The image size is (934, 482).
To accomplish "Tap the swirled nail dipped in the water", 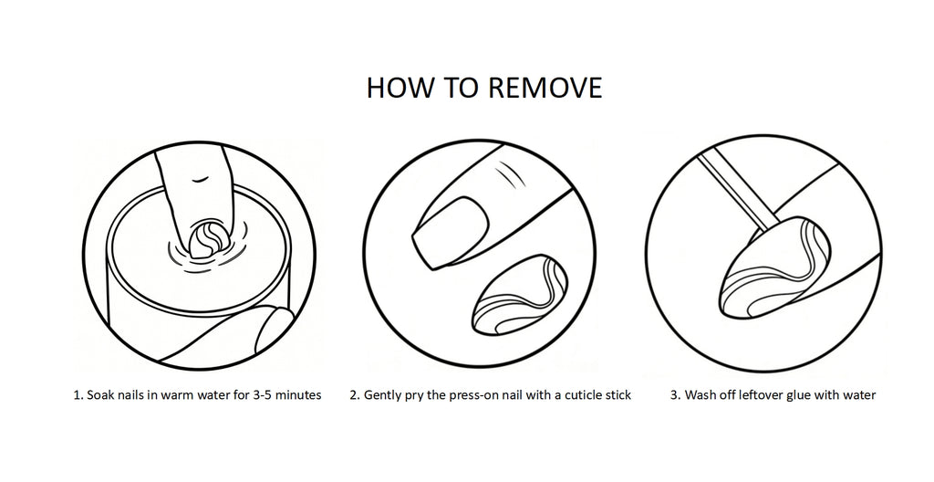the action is pyautogui.click(x=205, y=237).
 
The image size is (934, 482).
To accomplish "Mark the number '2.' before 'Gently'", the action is pyautogui.click(x=355, y=395).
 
